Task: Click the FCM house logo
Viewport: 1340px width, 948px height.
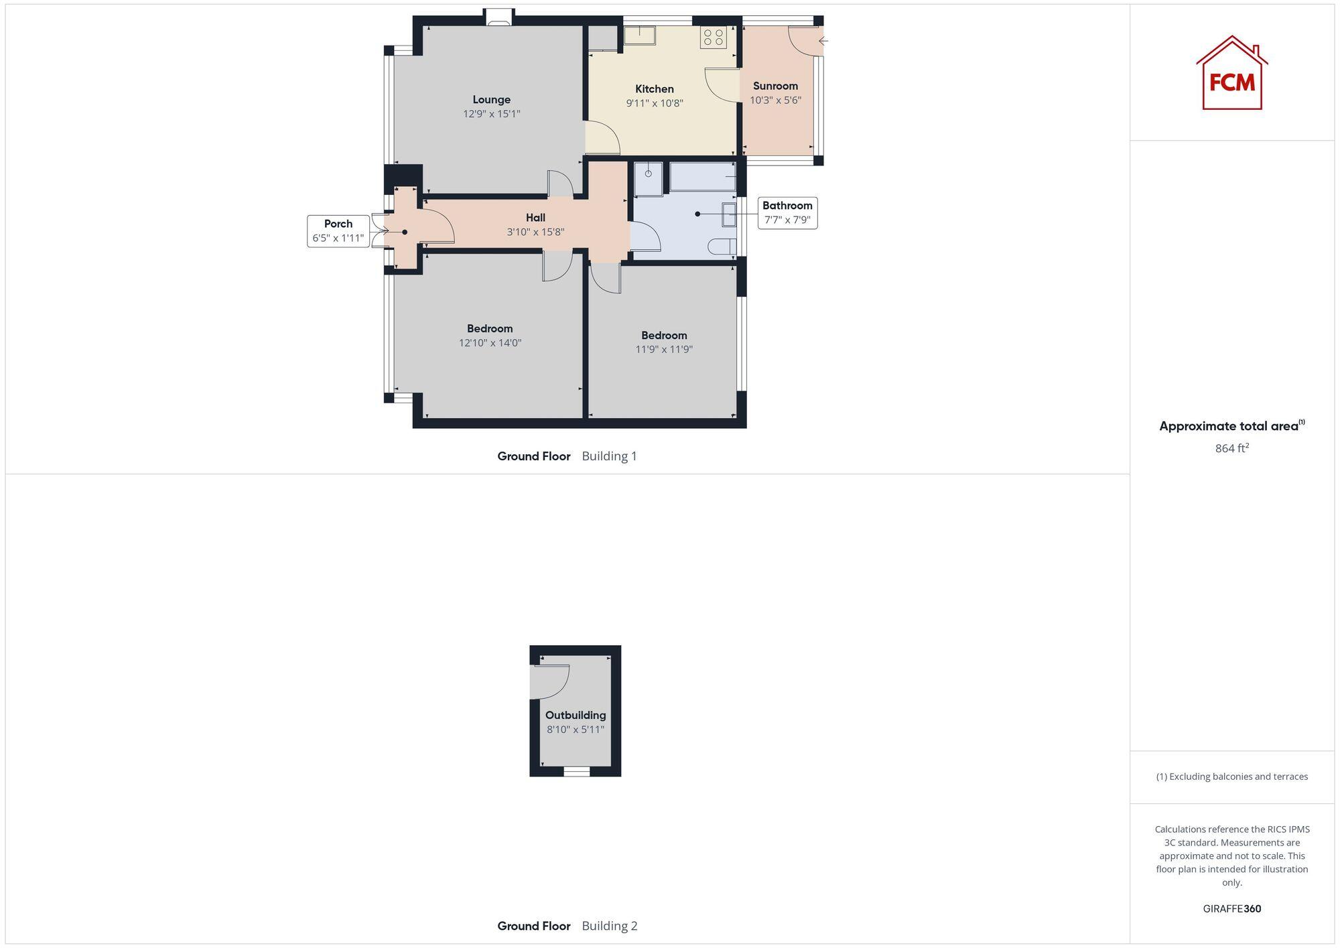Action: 1231,74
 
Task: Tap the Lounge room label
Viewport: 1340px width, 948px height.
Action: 491,100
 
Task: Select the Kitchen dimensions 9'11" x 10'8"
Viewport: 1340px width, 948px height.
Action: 654,103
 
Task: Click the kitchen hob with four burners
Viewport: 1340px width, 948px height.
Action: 714,37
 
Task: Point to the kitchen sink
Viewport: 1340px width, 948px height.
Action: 640,35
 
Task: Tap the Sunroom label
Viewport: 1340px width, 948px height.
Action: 775,86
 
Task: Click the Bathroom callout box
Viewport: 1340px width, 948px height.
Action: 787,212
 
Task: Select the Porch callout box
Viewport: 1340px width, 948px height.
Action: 338,231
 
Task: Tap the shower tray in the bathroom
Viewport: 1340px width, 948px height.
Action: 648,179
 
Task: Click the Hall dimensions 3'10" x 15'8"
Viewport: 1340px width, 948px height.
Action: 535,232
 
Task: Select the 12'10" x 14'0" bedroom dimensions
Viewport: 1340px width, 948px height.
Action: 490,343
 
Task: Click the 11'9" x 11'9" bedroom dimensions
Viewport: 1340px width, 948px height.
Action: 663,349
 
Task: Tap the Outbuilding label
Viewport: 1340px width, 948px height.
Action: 575,715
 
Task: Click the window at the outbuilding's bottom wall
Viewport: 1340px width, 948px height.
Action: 576,772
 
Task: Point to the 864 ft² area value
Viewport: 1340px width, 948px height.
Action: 1231,448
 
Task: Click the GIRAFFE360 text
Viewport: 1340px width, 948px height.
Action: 1231,908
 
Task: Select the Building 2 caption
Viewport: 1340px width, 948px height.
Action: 609,926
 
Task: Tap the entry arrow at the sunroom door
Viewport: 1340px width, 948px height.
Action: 823,41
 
